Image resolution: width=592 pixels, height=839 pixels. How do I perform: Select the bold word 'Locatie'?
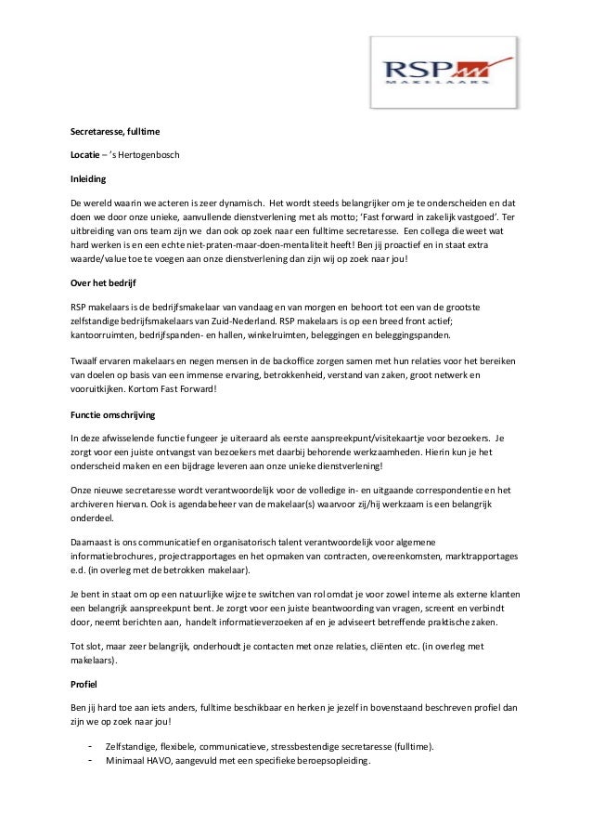tap(86, 153)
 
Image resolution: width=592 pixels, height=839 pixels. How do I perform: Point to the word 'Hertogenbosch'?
tap(139, 153)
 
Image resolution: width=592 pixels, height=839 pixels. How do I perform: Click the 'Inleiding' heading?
tap(89, 177)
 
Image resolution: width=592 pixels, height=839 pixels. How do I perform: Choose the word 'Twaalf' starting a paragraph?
tap(84, 360)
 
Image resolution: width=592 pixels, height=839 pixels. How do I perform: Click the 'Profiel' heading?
tap(84, 683)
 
